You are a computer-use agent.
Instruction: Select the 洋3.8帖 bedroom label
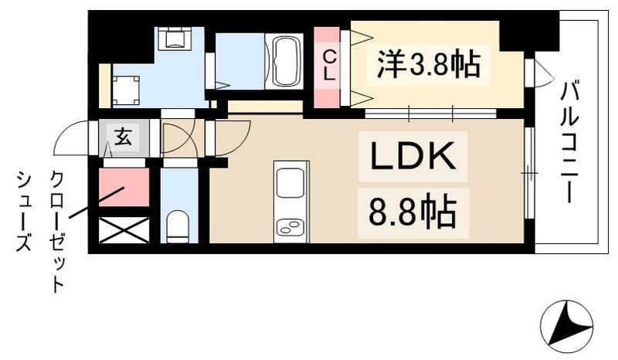(430, 64)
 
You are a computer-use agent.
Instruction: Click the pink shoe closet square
(124, 188)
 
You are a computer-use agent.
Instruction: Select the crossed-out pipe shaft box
(124, 231)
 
